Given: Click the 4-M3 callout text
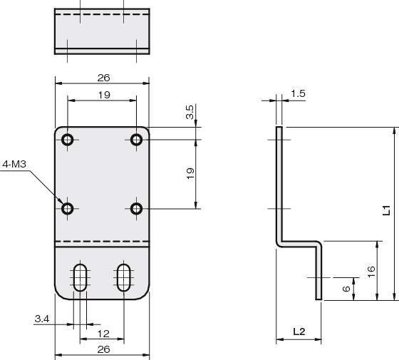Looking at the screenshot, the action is click(14, 164).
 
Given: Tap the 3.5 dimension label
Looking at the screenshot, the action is click(190, 112).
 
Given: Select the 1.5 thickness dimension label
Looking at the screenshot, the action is click(298, 93).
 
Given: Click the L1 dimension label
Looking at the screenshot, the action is click(386, 210).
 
